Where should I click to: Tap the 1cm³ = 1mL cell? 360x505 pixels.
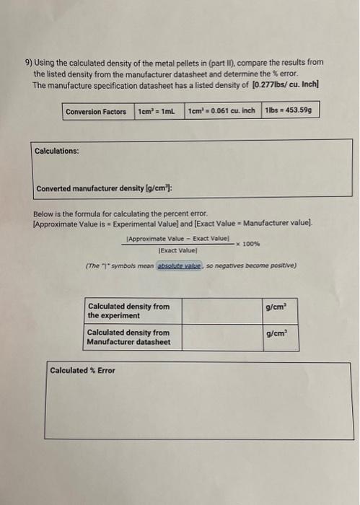click(x=157, y=112)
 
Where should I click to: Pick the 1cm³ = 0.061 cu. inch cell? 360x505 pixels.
click(x=221, y=112)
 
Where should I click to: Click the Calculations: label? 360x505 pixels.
click(x=57, y=151)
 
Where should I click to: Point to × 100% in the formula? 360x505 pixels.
click(x=245, y=244)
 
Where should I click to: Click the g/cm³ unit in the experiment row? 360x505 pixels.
click(x=277, y=307)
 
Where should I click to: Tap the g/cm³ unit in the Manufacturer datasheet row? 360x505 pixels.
click(x=277, y=333)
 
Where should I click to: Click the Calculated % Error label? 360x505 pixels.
click(x=82, y=371)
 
